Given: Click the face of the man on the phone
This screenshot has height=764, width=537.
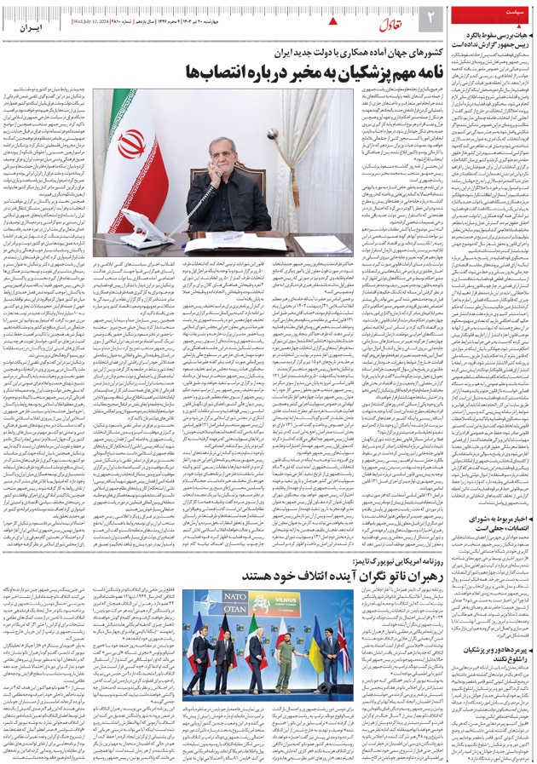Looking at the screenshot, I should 227,156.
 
